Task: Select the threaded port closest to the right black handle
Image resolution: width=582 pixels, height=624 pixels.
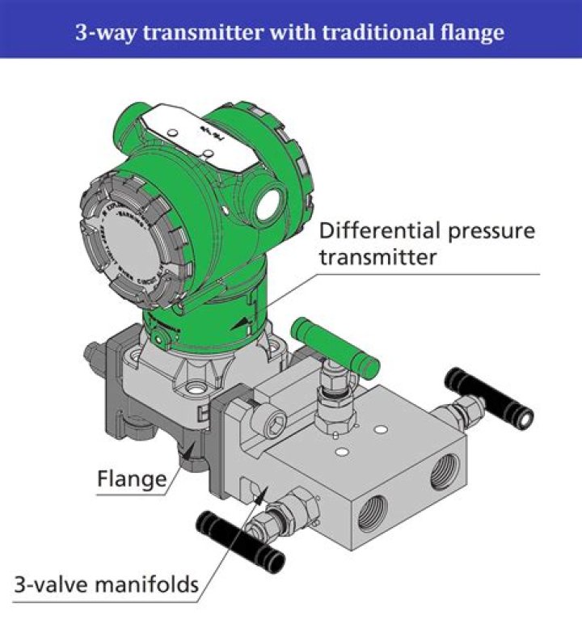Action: tap(445, 474)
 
